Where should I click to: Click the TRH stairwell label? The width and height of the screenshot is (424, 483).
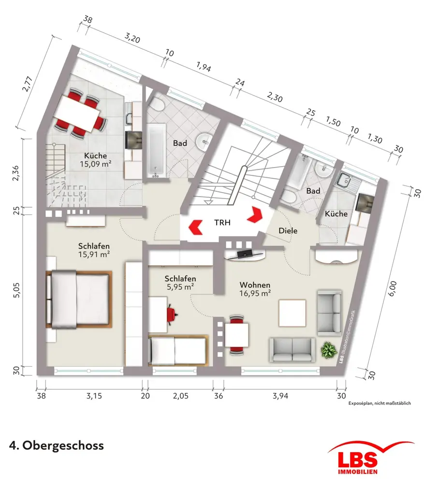(223, 223)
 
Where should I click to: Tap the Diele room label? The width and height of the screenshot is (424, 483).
(288, 231)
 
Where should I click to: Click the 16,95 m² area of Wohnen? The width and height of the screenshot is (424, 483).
(255, 292)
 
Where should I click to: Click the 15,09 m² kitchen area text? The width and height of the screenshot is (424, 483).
(96, 164)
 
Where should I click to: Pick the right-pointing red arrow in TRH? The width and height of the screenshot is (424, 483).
(255, 214)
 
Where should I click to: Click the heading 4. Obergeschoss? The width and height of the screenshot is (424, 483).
(56, 445)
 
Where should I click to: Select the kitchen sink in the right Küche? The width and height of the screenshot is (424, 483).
(347, 182)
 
